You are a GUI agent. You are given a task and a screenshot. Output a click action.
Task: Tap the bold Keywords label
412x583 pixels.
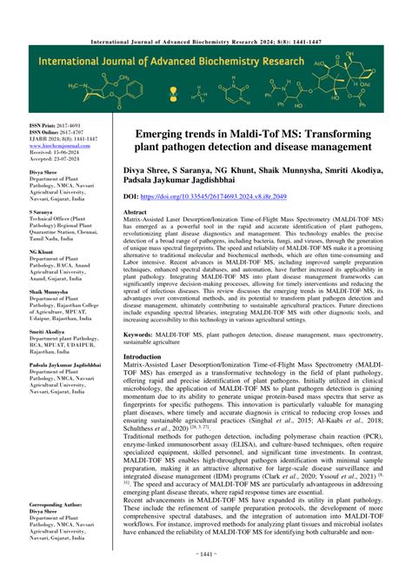pyautogui.click(x=142, y=334)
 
